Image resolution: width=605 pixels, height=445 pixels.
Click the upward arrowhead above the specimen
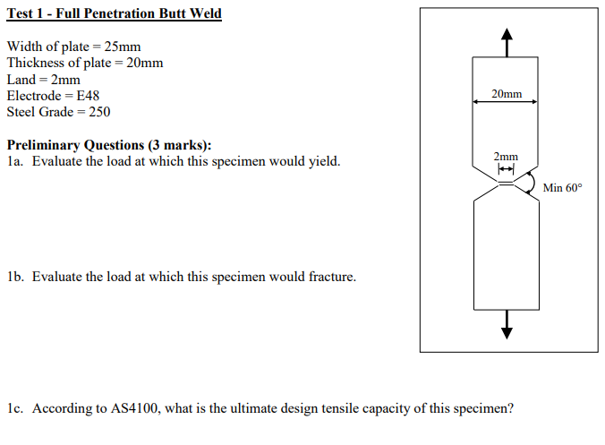[507, 36]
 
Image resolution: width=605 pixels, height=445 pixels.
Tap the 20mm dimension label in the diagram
[507, 93]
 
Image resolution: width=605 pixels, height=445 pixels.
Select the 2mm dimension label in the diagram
[506, 158]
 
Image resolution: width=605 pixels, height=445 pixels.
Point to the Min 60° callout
[562, 188]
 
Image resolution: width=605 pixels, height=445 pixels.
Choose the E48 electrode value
[84, 95]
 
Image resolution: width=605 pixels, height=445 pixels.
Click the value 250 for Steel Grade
[99, 112]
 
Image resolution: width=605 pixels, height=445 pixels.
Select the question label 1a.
[13, 162]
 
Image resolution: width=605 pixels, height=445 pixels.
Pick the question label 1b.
[13, 277]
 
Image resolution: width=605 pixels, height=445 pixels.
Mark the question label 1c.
[13, 408]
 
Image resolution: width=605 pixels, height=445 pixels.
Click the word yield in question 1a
[325, 162]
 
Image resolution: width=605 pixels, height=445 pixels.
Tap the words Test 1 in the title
[25, 13]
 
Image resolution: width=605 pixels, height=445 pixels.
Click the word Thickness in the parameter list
[37, 63]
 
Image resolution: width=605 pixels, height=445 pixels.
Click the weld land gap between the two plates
[507, 184]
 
